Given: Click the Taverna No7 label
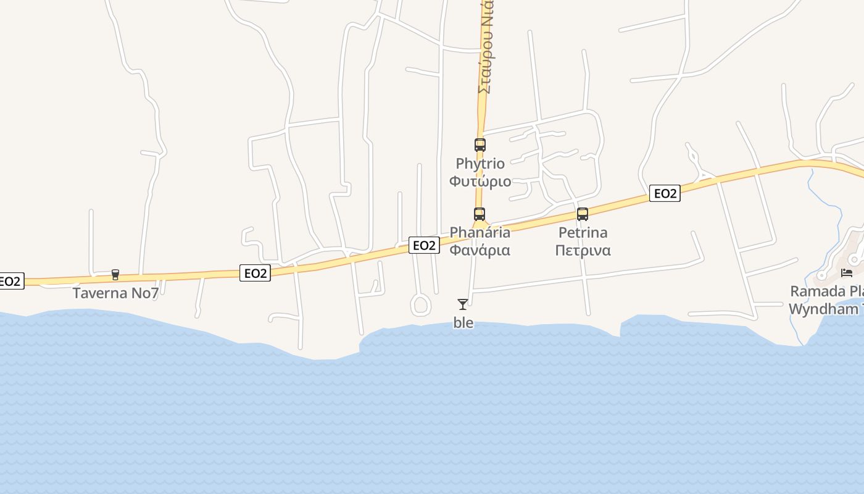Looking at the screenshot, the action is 115,293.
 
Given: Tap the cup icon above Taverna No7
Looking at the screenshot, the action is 115,275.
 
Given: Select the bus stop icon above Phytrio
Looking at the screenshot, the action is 480,145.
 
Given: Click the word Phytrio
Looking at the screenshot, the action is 480,164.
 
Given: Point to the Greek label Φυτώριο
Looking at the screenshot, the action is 480,181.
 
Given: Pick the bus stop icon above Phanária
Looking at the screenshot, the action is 480,214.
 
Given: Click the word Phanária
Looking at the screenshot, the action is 480,232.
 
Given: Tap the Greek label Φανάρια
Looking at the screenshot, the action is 480,250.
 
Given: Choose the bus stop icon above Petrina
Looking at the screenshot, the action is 582,214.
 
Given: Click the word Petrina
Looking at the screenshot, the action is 583,232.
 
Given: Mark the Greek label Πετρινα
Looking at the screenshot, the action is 583,250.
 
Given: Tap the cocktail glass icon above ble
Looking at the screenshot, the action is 463,304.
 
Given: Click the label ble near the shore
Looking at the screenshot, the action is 463,322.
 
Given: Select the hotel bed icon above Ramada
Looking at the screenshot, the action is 847,272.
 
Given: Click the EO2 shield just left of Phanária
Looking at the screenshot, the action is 424,245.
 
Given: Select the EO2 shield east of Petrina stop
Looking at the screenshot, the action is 665,193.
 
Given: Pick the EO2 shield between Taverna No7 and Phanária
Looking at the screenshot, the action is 255,273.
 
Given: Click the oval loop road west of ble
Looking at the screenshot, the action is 420,304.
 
